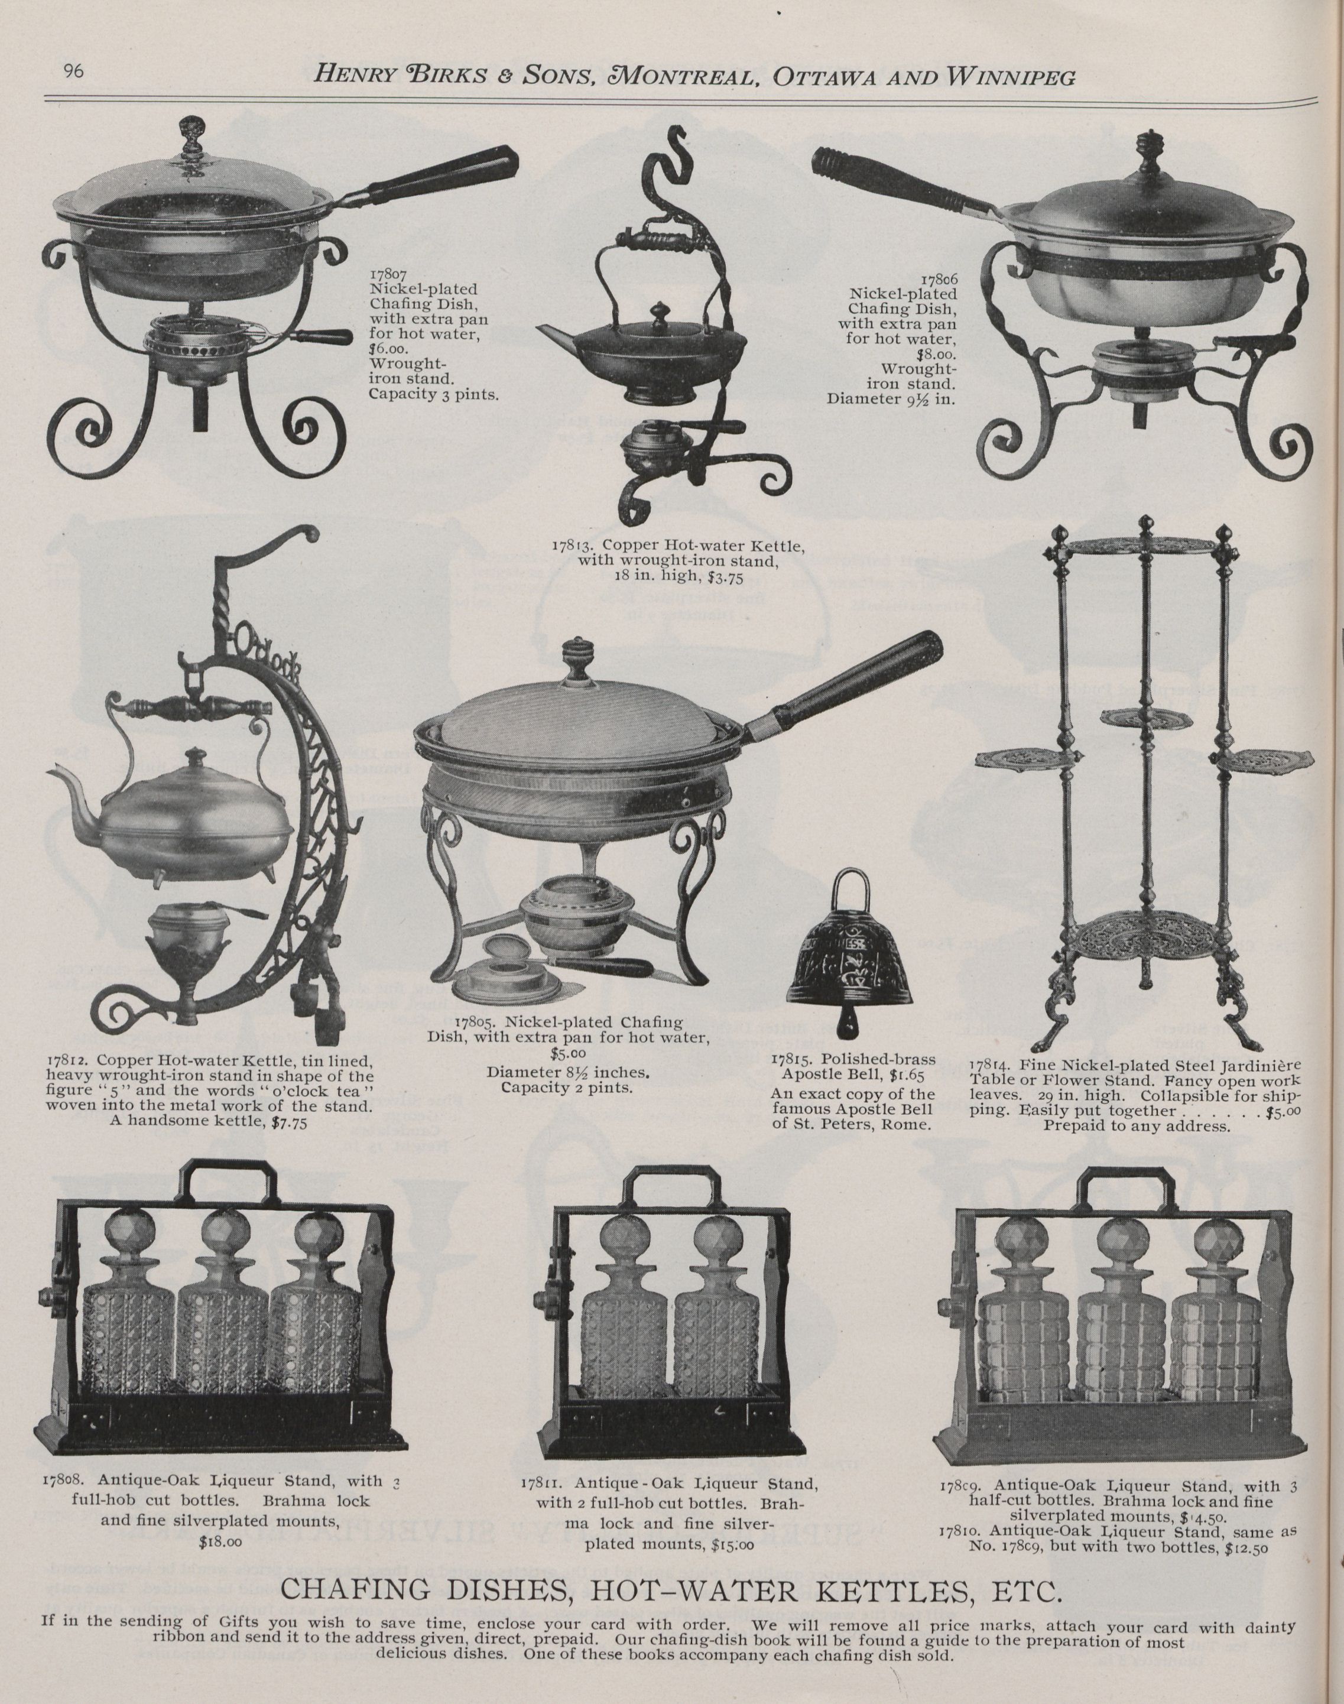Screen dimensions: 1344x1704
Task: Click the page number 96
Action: (73, 72)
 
